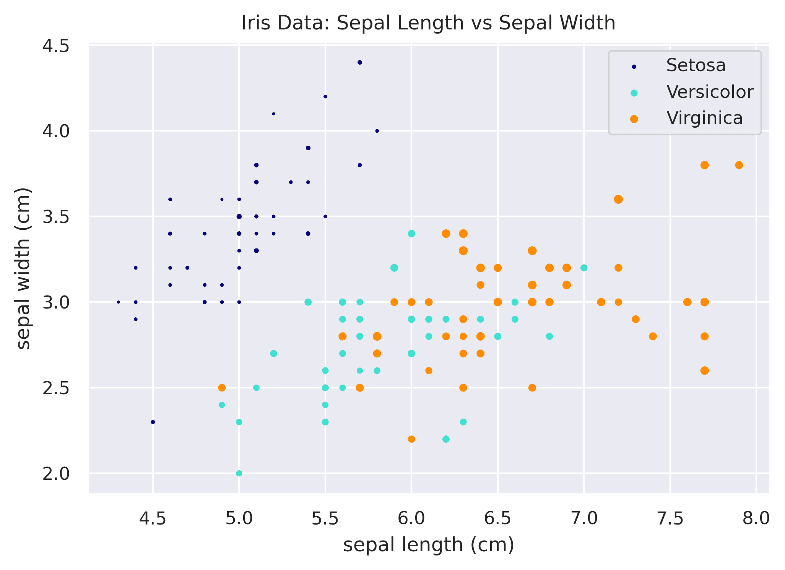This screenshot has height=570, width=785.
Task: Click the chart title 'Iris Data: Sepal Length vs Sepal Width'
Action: click(x=428, y=23)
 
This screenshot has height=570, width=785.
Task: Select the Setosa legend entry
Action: click(x=696, y=65)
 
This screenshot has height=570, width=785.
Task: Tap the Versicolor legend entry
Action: click(x=709, y=92)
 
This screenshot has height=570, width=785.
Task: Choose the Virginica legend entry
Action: click(x=704, y=118)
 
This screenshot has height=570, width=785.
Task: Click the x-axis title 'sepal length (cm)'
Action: click(x=428, y=545)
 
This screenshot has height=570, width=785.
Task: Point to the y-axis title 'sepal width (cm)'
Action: click(x=24, y=268)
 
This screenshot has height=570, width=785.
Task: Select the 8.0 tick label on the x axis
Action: click(x=756, y=519)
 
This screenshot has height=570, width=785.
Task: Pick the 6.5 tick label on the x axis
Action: click(x=497, y=519)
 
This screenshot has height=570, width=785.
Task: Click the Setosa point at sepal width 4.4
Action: click(x=359, y=62)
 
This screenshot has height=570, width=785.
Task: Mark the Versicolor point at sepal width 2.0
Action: click(x=239, y=473)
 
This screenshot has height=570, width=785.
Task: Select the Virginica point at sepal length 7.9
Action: click(x=739, y=165)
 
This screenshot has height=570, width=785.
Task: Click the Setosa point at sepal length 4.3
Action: click(x=118, y=302)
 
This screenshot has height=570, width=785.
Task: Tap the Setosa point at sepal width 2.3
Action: click(x=153, y=422)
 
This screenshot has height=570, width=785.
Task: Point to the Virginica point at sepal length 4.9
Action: click(x=222, y=388)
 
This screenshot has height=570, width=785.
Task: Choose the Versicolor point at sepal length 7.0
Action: click(x=583, y=268)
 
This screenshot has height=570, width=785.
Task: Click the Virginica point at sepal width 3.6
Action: click(x=618, y=199)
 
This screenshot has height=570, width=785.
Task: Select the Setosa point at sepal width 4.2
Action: click(x=325, y=97)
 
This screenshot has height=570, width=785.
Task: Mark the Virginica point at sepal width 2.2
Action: click(x=411, y=439)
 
